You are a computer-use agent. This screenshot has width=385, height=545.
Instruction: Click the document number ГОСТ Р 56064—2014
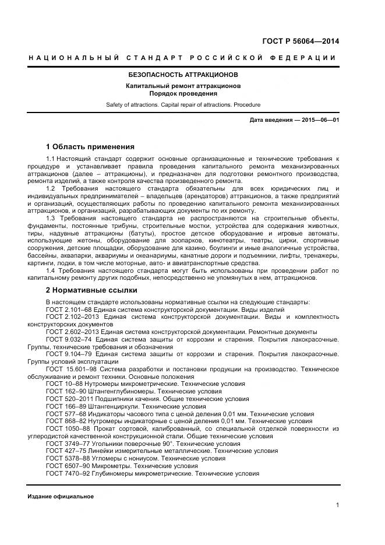(301, 41)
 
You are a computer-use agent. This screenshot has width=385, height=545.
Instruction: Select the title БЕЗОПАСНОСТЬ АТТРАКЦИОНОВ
(183, 75)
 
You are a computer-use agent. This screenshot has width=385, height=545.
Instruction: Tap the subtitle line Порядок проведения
(183, 93)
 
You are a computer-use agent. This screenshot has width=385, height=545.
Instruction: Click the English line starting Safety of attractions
(183, 105)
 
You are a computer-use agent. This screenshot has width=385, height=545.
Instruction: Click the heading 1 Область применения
(90, 146)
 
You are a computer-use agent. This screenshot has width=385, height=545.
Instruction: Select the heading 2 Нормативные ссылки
(91, 290)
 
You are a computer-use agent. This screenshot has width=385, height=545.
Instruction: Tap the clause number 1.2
(51, 189)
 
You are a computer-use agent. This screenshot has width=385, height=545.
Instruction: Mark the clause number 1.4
(51, 271)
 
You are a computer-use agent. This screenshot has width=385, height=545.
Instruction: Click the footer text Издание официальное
(61, 497)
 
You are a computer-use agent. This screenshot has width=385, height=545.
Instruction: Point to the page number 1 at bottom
(337, 505)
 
